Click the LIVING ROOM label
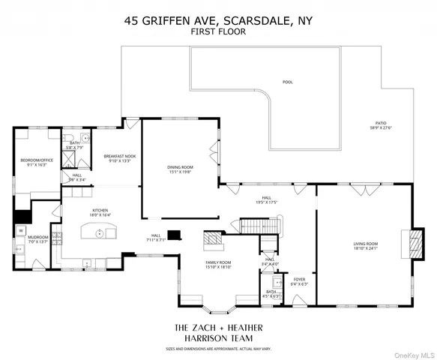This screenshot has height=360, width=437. tap(365, 243)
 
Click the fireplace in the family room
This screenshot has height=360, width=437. tap(214, 241)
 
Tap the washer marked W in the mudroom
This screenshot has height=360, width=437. tap(21, 230)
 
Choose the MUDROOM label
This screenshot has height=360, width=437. tap(38, 238)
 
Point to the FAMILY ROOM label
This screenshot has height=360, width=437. tap(219, 262)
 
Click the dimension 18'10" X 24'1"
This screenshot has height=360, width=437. tap(365, 248)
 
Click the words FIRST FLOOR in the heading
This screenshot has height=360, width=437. tap(217, 33)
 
